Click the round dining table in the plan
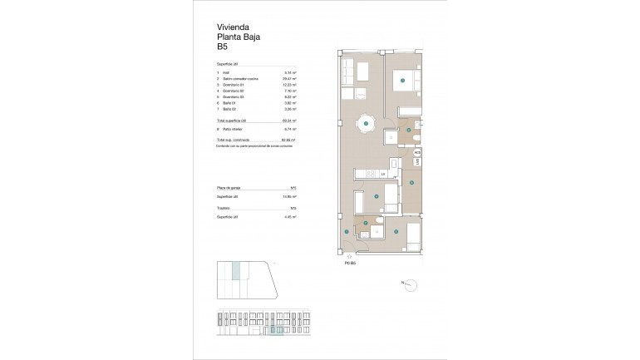pyautogui.click(x=364, y=125)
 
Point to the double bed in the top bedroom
pyautogui.click(x=403, y=80)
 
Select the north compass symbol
pyautogui.click(x=406, y=284)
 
